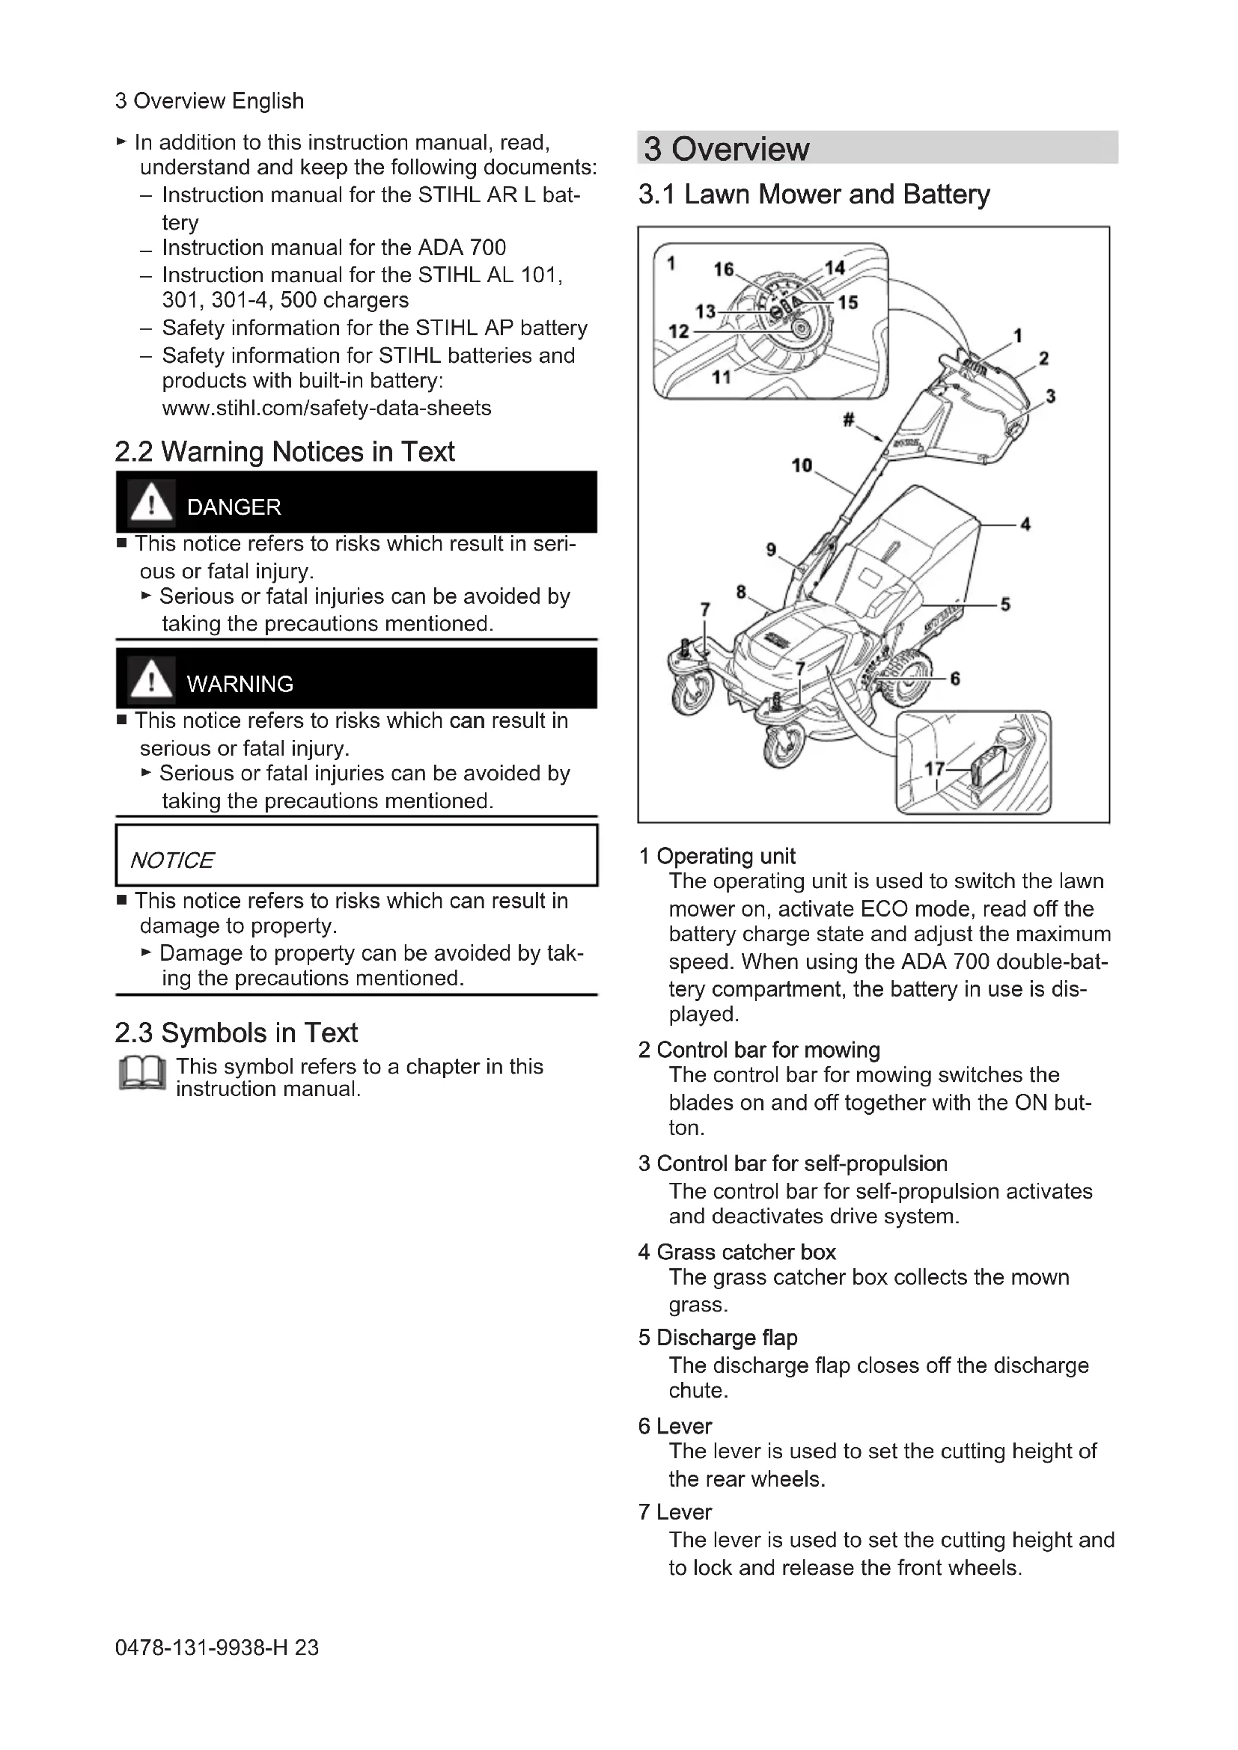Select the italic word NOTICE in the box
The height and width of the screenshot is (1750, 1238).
coord(172,860)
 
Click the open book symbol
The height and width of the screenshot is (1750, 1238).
coord(142,1074)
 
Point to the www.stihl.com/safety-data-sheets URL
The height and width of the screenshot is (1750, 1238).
coord(326,409)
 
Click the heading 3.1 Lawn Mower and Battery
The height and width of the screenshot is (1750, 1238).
coord(814,195)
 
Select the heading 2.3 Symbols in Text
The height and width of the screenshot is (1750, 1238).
coord(236,1033)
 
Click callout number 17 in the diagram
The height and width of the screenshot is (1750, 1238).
coord(935,768)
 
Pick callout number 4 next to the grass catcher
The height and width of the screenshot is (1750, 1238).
coord(1025,524)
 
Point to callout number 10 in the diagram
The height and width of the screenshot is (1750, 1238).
coord(801,465)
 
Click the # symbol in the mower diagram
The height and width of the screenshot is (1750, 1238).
coord(848,419)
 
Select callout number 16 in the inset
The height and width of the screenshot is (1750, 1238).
coord(724,269)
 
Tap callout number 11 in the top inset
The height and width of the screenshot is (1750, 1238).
coord(721,376)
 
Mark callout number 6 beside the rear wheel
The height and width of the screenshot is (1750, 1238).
coord(955,679)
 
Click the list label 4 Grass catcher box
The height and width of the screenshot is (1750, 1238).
coord(737,1252)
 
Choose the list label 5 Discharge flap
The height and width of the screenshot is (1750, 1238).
coord(718,1338)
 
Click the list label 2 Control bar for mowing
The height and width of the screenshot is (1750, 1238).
coord(759,1050)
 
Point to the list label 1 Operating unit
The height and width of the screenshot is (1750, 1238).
coord(716,857)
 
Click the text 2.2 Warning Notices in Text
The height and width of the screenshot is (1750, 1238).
coord(284,452)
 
